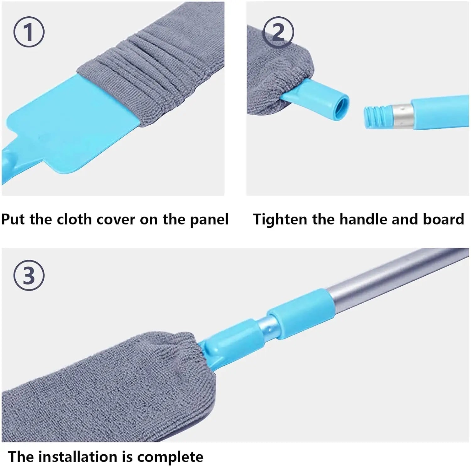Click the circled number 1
tap(29, 32)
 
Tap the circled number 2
tap(278, 32)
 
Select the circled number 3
tap(29, 275)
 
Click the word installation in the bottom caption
tap(85, 457)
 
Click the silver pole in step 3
tap(392, 279)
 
